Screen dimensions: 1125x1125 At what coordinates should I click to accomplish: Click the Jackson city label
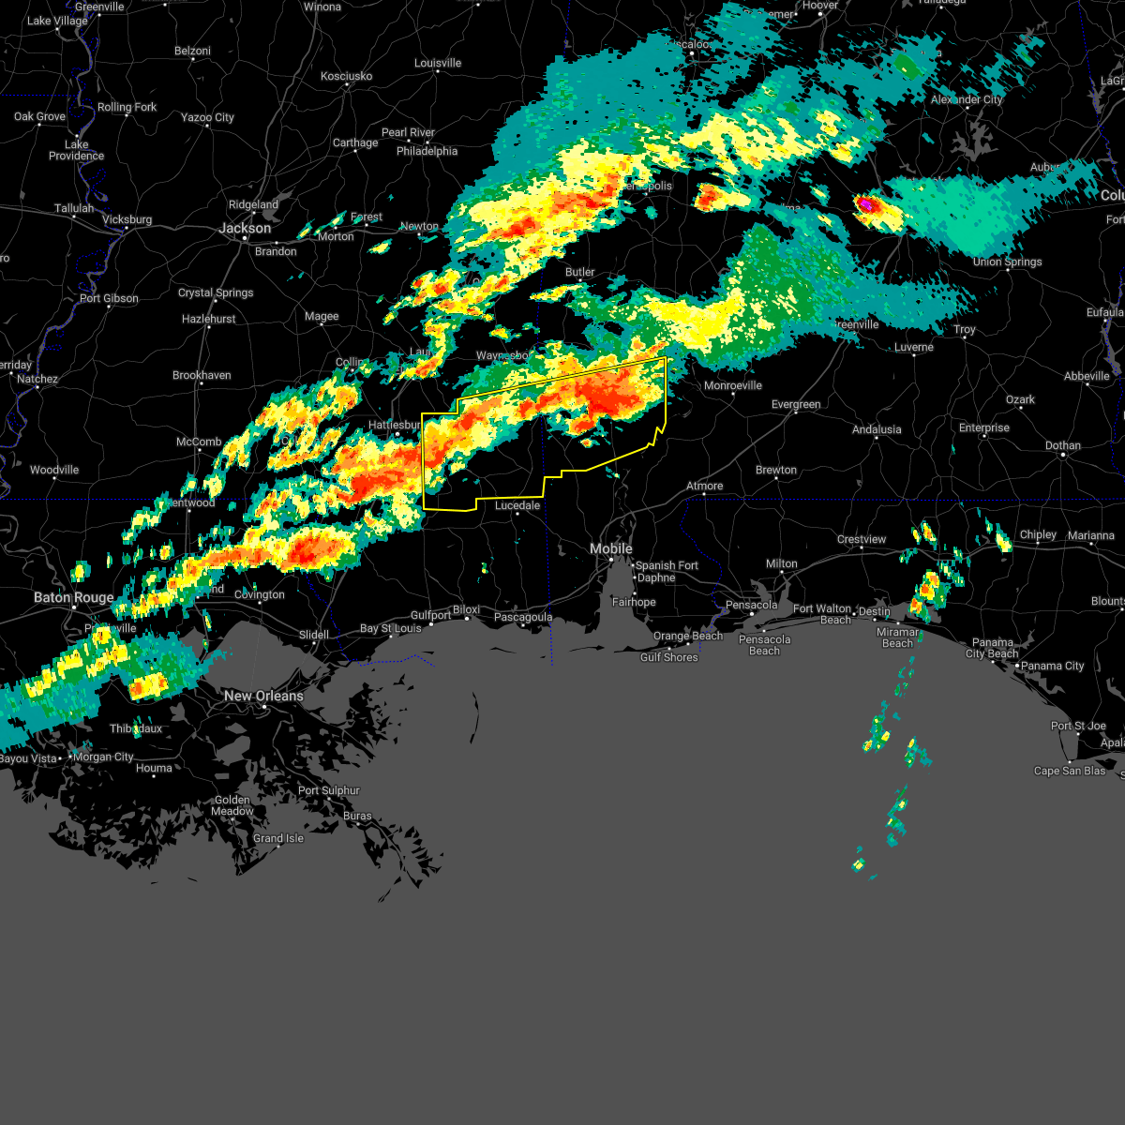245,228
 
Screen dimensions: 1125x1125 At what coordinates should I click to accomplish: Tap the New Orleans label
263,696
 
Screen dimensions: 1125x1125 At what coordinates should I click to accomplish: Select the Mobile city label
611,548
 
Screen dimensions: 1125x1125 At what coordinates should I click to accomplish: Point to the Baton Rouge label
74,597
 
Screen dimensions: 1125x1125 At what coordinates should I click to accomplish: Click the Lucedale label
517,505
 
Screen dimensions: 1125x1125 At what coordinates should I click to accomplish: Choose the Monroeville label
733,385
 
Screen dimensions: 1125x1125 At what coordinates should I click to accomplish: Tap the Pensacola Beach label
764,645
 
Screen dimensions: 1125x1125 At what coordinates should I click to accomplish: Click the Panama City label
1053,666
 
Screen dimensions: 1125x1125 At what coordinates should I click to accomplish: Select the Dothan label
1063,445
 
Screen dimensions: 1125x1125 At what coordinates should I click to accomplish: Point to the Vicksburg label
127,219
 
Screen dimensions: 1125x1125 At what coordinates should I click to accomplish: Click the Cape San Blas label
1070,771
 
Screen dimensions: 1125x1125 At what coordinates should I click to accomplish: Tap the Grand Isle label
278,838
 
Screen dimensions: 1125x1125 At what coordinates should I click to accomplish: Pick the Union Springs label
1007,262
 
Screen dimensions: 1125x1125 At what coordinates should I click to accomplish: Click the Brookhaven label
202,375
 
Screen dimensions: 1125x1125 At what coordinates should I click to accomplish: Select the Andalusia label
877,429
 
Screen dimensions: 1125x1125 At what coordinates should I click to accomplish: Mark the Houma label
154,768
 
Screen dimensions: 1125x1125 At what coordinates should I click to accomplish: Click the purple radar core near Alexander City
865,202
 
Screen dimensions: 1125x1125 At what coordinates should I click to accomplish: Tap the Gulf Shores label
668,657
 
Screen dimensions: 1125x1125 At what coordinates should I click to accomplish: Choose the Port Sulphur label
329,790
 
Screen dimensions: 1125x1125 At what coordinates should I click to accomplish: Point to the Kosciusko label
346,76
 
